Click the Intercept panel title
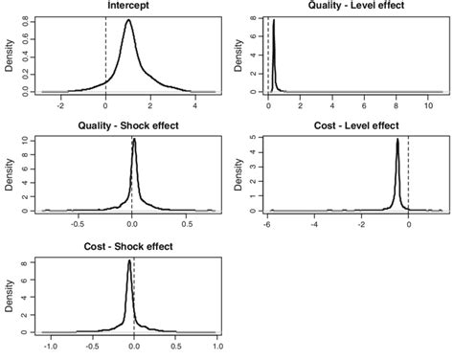click(x=127, y=6)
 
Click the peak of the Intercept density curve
click(x=128, y=21)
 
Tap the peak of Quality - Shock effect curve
click(x=134, y=140)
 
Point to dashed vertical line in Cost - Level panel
click(x=409, y=172)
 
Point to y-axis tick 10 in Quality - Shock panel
click(x=22, y=140)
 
